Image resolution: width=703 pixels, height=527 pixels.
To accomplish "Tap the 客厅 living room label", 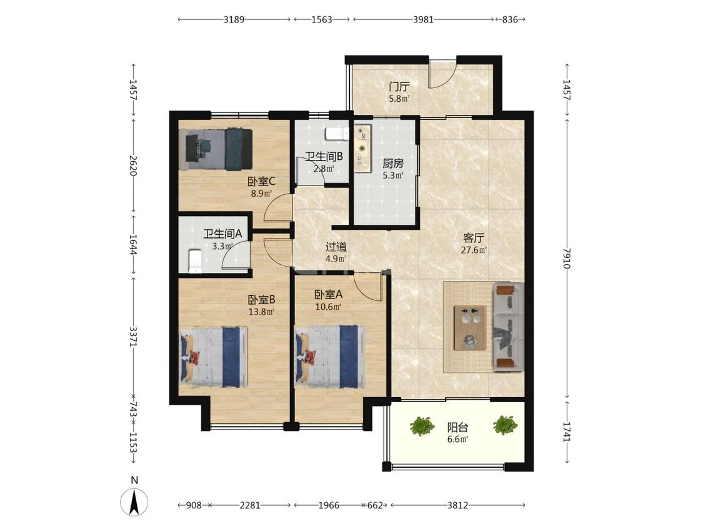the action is tap(474, 238).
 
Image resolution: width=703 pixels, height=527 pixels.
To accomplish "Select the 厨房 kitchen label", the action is tap(393, 164).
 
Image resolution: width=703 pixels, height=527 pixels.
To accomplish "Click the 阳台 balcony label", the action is tap(457, 427).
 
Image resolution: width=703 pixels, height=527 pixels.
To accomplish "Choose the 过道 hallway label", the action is tap(336, 247).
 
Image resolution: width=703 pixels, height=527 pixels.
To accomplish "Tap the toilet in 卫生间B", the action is tap(337, 134).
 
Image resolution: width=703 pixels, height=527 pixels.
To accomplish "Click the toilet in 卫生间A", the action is tap(195, 261).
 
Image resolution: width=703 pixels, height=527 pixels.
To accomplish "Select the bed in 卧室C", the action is tap(216, 150).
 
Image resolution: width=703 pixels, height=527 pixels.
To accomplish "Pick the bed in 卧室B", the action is tap(214, 357).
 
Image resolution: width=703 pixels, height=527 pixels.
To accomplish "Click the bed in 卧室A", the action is tap(329, 357).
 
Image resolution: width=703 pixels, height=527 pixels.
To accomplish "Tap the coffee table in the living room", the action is tap(470, 328).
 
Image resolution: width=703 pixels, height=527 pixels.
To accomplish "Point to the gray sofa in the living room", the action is tap(509, 327).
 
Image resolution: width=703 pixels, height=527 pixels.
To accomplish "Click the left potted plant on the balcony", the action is tap(422, 426).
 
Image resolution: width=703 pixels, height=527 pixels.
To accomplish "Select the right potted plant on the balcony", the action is tap(506, 425).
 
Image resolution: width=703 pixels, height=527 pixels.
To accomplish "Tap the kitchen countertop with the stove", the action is tap(362, 149).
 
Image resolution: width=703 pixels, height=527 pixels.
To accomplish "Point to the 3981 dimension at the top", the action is tap(423, 19).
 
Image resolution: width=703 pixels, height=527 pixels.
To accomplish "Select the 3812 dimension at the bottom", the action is tap(457, 506).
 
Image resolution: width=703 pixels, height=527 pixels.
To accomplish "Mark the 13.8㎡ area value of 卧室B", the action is tap(261, 312).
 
